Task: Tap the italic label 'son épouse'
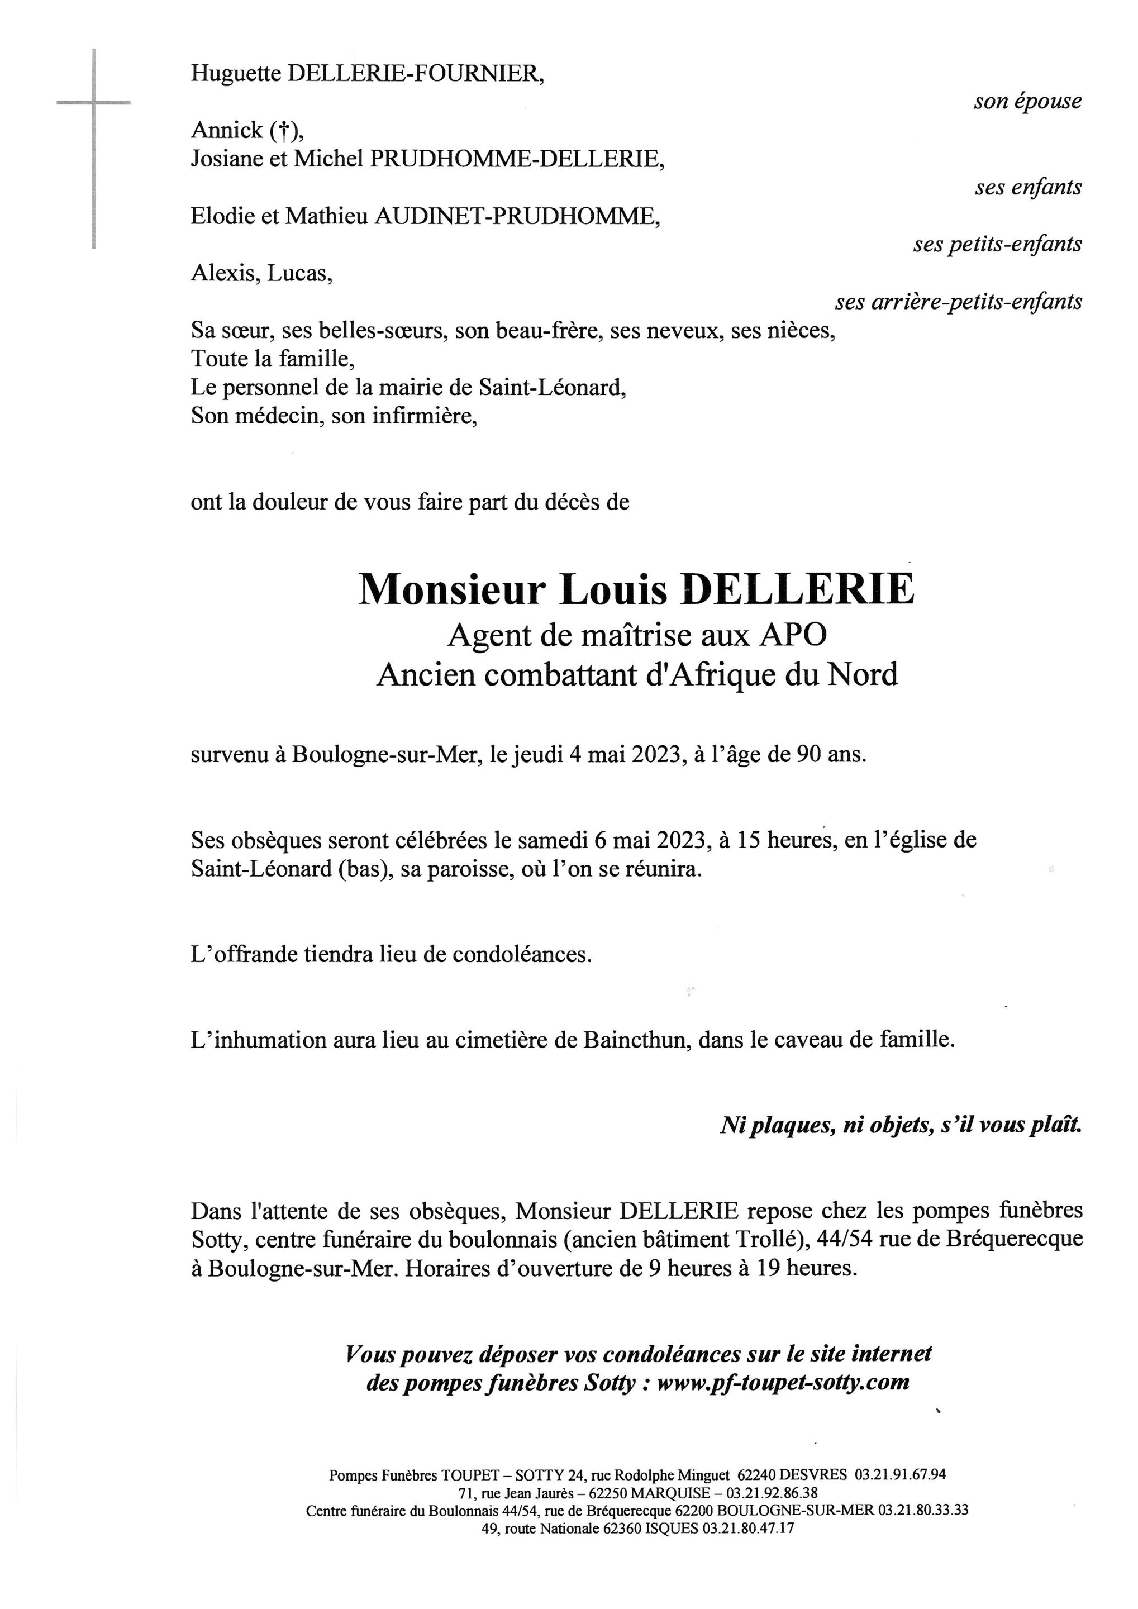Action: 1027,102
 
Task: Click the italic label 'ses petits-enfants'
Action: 997,245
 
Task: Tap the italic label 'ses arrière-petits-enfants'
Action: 958,302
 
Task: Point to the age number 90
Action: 807,755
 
